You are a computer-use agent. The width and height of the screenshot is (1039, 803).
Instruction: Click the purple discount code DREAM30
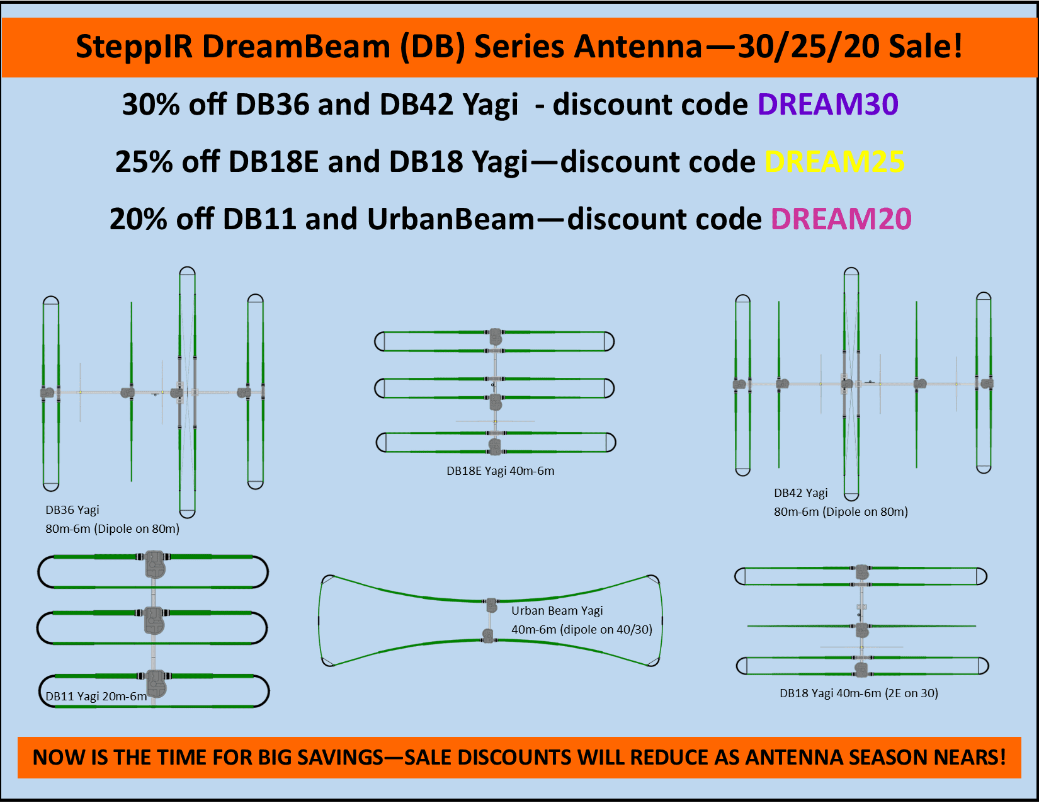coord(827,105)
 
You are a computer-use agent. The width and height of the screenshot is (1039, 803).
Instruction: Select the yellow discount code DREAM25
coord(834,162)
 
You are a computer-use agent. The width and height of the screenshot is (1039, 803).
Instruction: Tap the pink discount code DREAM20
coord(841,219)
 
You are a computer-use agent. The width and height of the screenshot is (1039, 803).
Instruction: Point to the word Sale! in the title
coord(926,47)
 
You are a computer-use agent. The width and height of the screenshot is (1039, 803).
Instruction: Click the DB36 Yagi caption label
coord(72,510)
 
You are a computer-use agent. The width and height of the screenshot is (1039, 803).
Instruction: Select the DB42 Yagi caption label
coord(801,493)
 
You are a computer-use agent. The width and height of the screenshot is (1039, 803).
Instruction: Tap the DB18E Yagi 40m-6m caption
coord(501,471)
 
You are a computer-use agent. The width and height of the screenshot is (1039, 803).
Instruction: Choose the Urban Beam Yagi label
coord(557,611)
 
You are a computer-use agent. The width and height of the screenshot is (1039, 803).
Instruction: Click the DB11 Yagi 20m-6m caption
coord(96,697)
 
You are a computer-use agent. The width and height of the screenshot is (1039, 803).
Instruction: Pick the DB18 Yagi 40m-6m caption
coord(859,693)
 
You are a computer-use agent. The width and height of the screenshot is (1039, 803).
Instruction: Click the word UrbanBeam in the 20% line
coord(451,219)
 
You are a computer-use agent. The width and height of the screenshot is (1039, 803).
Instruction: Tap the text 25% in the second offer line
coord(144,162)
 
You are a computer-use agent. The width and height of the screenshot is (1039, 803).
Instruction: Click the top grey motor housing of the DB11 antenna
coord(154,564)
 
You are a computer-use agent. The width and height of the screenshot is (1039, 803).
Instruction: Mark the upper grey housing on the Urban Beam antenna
coord(492,605)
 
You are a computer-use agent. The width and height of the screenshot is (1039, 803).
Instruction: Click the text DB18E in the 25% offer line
coord(273,162)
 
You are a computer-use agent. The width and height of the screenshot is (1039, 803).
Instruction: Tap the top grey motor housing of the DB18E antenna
coord(496,336)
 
